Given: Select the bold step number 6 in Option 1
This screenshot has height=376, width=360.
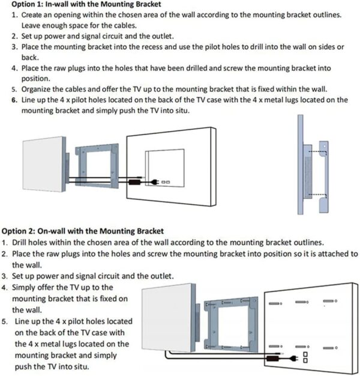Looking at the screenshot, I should [14, 100].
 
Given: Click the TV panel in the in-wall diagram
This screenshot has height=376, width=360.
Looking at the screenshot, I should [43, 163].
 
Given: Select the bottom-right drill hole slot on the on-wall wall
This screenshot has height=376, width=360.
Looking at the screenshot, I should [328, 347].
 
